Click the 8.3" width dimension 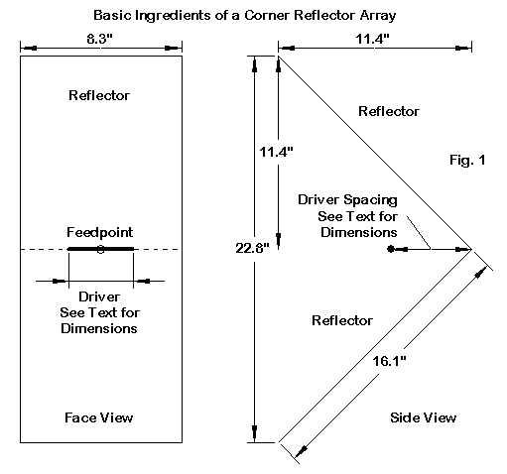(x=100, y=39)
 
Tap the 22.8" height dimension (x=252, y=248)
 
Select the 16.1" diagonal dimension (x=389, y=361)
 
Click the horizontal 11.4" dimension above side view (x=373, y=39)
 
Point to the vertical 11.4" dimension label (x=276, y=152)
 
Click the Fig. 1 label (x=467, y=160)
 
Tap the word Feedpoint (x=100, y=232)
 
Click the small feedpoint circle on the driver (x=101, y=250)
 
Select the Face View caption (x=98, y=417)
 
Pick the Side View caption (x=423, y=417)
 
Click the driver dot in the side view (x=391, y=249)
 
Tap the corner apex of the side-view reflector (x=471, y=249)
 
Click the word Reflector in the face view (x=99, y=95)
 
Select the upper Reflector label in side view (x=389, y=111)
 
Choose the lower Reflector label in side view (x=342, y=320)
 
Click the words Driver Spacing (x=347, y=200)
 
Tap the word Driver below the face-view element (x=99, y=296)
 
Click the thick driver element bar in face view (x=101, y=249)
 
